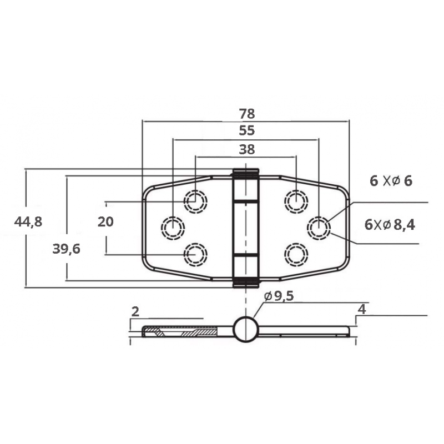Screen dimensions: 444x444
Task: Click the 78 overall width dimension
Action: (246, 114)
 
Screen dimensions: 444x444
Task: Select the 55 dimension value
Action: (246, 131)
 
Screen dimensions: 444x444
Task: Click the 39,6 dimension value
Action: (67, 249)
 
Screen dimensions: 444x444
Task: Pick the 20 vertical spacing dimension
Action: (105, 222)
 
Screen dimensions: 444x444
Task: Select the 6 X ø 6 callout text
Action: (391, 181)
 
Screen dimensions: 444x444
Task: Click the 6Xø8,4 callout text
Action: (390, 224)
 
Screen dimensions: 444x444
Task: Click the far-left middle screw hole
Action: (173, 227)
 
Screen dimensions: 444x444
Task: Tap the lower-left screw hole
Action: (195, 254)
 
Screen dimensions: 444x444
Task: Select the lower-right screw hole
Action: (296, 254)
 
